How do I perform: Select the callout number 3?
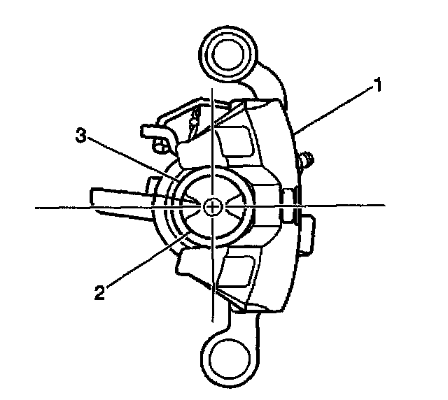click(x=81, y=136)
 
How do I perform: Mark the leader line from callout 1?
click(x=336, y=110)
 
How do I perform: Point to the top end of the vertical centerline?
click(x=212, y=90)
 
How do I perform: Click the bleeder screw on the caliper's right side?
click(x=306, y=159)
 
